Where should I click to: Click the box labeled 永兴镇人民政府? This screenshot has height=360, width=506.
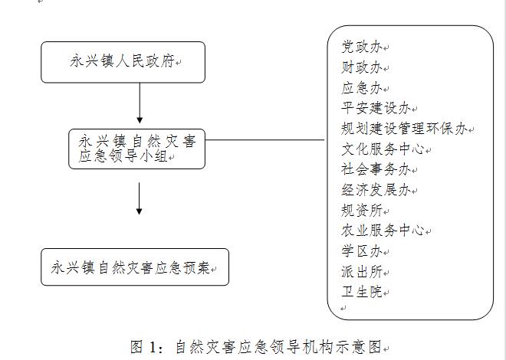pyautogui.click(x=123, y=62)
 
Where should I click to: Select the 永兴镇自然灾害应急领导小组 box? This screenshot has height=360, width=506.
pyautogui.click(x=136, y=149)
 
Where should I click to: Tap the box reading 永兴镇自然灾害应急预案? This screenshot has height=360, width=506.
pyautogui.click(x=135, y=267)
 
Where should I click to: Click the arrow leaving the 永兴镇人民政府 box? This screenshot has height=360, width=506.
pyautogui.click(x=140, y=103)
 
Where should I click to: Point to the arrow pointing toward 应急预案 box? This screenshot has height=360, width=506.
pyautogui.click(x=139, y=198)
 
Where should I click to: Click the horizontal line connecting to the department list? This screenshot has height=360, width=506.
pyautogui.click(x=264, y=140)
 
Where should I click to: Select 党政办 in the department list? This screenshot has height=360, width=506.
pyautogui.click(x=362, y=47)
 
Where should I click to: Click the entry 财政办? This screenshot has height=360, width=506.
pyautogui.click(x=362, y=67)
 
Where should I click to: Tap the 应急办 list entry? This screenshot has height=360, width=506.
pyautogui.click(x=362, y=87)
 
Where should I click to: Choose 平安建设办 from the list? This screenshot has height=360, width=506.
pyautogui.click(x=376, y=108)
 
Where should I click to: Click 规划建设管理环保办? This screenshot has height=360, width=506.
pyautogui.click(x=404, y=129)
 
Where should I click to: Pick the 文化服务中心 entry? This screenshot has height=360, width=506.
pyautogui.click(x=383, y=149)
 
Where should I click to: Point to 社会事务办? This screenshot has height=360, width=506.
pyautogui.click(x=376, y=169)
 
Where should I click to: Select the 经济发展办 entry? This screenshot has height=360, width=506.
pyautogui.click(x=376, y=190)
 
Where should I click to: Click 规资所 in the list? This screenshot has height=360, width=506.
pyautogui.click(x=362, y=211)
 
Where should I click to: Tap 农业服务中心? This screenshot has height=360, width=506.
pyautogui.click(x=383, y=231)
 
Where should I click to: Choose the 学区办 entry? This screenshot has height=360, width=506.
pyautogui.click(x=362, y=251)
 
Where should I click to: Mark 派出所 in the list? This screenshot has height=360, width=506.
pyautogui.click(x=362, y=272)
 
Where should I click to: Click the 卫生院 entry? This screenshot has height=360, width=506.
pyautogui.click(x=362, y=292)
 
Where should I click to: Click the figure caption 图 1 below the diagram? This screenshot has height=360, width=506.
pyautogui.click(x=256, y=347)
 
